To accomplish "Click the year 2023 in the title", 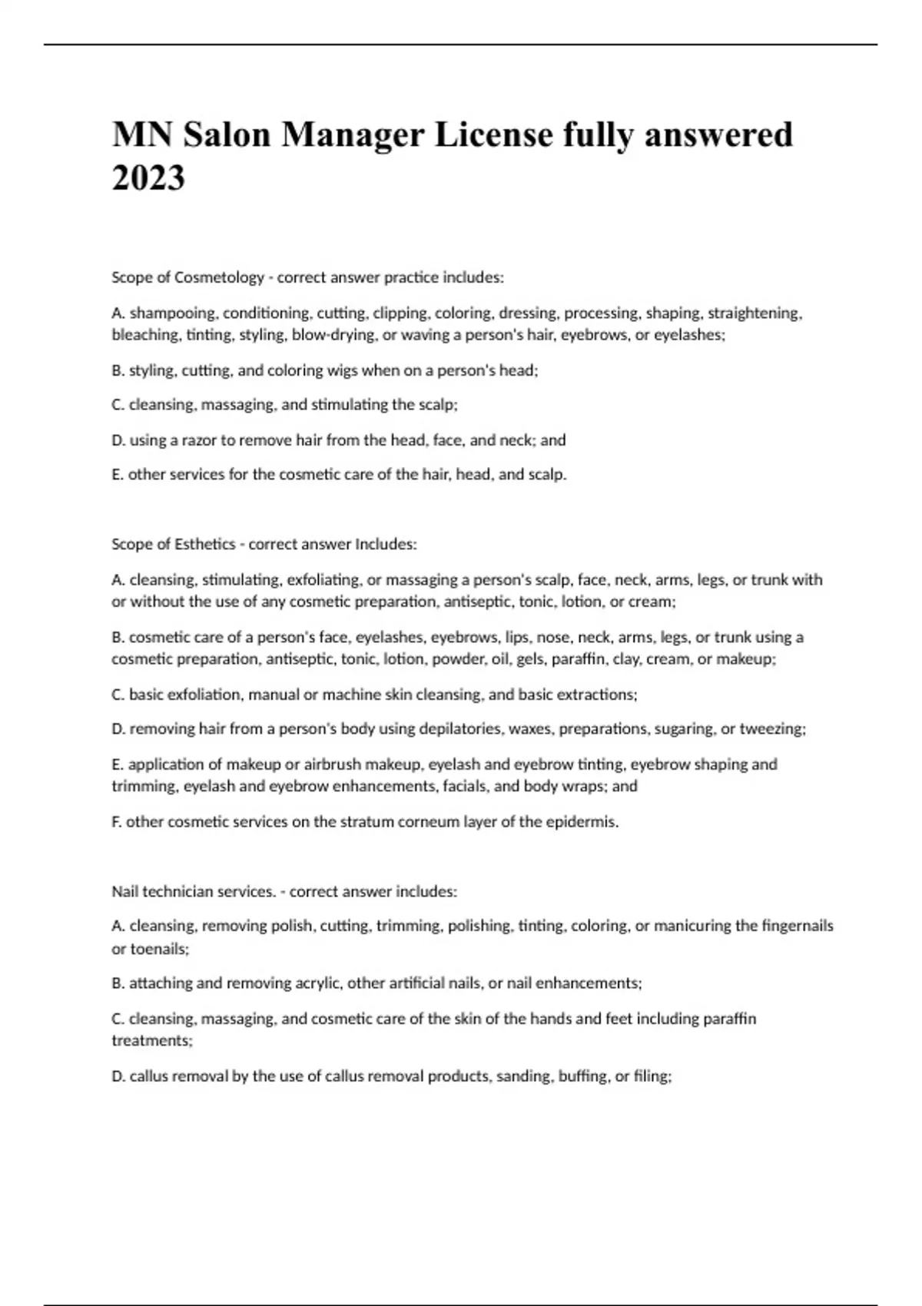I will point(148,178).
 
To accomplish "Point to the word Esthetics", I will point(204,544).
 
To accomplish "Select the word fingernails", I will point(797,926).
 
